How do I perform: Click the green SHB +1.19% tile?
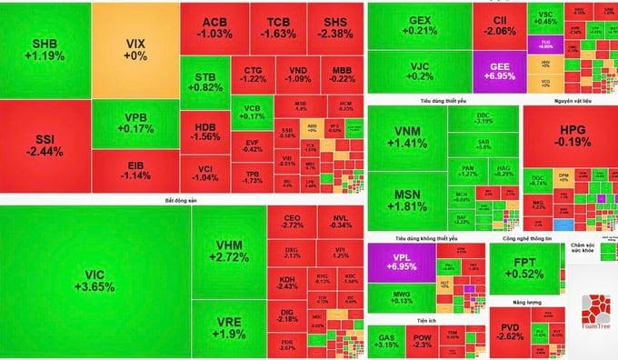tap(45, 49)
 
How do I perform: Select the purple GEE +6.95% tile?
tap(500, 74)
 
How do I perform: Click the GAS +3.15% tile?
tap(386, 341)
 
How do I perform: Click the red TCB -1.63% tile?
tap(278, 27)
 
